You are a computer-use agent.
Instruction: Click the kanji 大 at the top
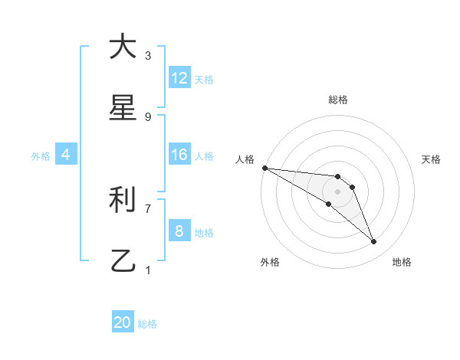[122, 47]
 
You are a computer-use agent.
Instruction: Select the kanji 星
[122, 108]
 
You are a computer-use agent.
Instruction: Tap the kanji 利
[122, 200]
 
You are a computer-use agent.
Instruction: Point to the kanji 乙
[122, 261]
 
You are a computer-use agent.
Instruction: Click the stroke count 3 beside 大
[148, 56]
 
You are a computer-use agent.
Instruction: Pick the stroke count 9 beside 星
[148, 117]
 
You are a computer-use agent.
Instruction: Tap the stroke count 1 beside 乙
[148, 270]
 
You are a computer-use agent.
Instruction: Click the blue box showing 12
[179, 78]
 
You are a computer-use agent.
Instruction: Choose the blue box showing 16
[179, 155]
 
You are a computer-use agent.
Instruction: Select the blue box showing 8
[179, 231]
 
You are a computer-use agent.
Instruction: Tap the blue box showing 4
[66, 155]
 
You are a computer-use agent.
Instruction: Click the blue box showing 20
[123, 322]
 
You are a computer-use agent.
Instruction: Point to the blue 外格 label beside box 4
[41, 156]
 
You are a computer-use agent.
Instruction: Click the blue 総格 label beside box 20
[147, 324]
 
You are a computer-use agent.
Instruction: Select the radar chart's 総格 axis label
[338, 100]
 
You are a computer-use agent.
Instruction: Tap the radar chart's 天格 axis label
[432, 159]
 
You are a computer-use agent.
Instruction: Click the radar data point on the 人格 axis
[264, 168]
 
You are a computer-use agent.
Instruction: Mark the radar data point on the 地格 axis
[374, 242]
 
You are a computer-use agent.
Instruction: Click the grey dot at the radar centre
[338, 191]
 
